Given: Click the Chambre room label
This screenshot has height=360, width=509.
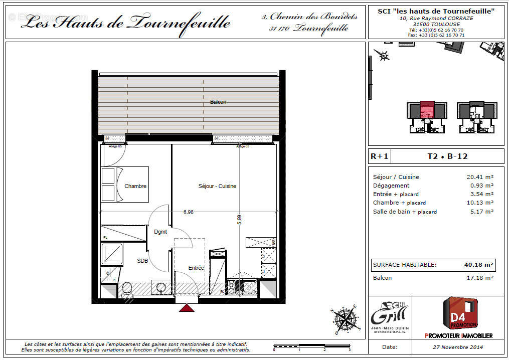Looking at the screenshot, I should pos(135,186).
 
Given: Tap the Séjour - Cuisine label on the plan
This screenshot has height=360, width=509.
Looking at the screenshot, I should pos(217,186).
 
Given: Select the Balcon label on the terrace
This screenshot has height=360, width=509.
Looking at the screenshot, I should pos(218,102).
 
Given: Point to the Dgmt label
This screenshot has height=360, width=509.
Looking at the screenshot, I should pos(160,232).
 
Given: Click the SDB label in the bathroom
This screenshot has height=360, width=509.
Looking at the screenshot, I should pos(143,261).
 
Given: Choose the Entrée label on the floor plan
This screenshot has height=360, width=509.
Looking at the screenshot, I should pos(196,268).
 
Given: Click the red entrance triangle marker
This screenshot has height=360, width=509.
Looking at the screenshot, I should pos(187,308).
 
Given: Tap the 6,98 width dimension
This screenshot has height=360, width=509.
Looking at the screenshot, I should pos(188,212).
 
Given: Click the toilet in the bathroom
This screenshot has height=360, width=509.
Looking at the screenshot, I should pos(127,289).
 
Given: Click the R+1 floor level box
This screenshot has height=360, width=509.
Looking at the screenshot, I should pos(379,156).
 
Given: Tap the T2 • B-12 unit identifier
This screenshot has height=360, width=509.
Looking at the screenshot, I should pos(447,156).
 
